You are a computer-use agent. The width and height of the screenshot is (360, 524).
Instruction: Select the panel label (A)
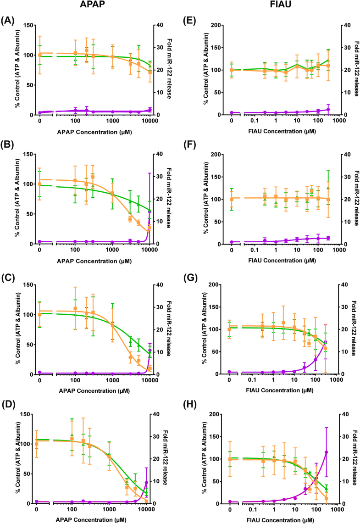8,20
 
